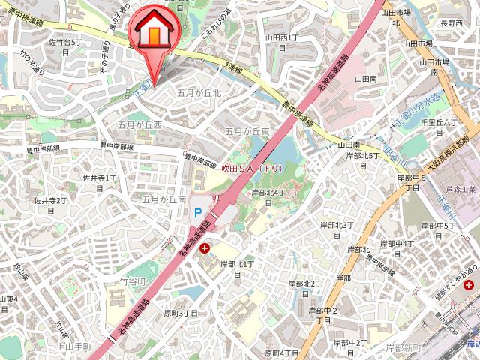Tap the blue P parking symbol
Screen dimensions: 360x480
pyautogui.click(x=198, y=213)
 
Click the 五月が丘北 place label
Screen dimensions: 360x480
pyautogui.click(x=199, y=93)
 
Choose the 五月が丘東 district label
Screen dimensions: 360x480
pyautogui.click(x=247, y=130)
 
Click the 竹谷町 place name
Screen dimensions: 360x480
pyautogui.click(x=133, y=280)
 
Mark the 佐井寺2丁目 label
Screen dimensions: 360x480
pyautogui.click(x=51, y=205)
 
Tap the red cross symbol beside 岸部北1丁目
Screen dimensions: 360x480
pyautogui.click(x=205, y=247)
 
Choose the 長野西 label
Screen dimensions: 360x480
pyautogui.click(x=451, y=24)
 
